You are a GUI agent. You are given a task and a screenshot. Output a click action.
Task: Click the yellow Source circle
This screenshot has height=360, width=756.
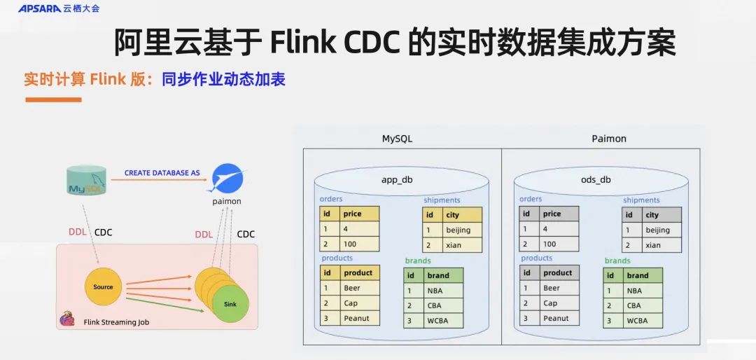[103, 286]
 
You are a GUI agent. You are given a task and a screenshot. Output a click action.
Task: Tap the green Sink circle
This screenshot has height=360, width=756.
[230, 304]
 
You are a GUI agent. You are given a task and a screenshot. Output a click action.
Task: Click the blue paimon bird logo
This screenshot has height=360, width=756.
[228, 179]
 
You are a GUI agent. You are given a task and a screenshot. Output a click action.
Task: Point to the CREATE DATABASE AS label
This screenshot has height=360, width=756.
[162, 172]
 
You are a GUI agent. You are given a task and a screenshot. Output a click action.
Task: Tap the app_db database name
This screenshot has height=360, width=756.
[397, 179]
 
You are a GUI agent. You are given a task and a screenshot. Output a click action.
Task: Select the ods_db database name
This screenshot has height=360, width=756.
[596, 179]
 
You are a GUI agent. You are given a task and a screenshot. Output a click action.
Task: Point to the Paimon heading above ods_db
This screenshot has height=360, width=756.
[608, 138]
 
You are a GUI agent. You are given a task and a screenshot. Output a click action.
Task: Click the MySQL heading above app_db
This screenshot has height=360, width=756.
[397, 138]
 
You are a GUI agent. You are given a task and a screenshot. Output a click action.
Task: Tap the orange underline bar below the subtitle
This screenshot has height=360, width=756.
[53, 99]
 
